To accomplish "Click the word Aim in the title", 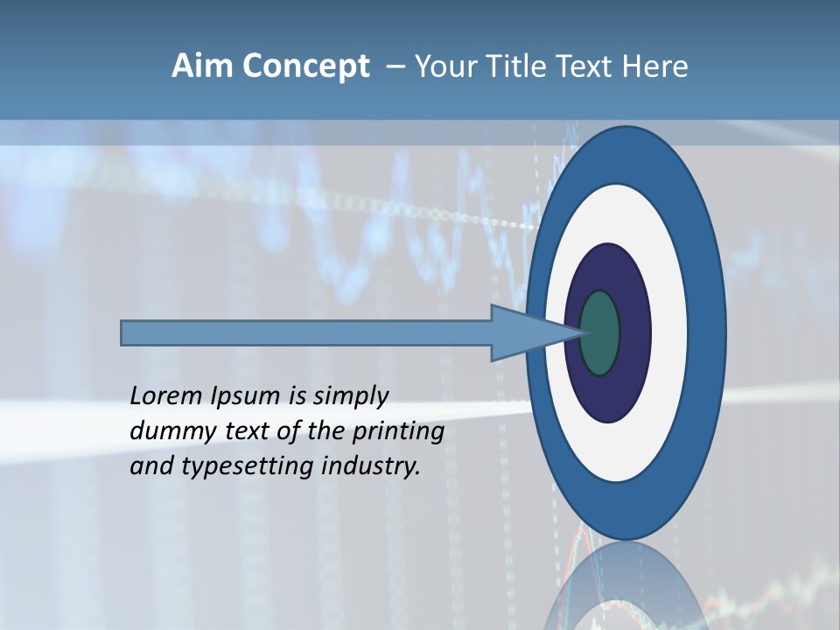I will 202,66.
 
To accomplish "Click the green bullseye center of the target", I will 600,332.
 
